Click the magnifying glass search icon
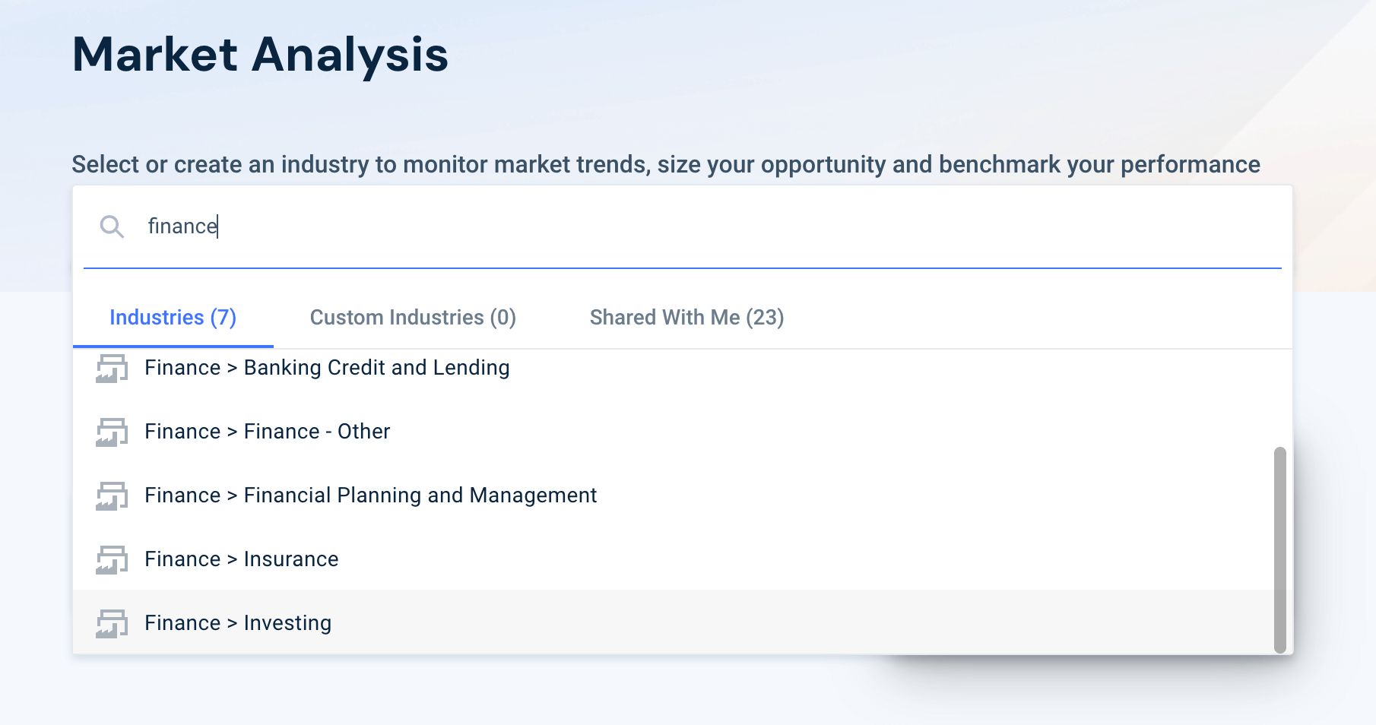[112, 226]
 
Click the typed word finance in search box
[182, 226]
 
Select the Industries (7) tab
[173, 318]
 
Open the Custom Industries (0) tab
[413, 318]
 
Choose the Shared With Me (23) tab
[686, 318]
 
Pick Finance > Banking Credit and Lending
[327, 368]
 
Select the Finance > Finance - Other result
[267, 432]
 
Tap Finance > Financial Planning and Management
[370, 495]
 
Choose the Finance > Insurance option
[241, 559]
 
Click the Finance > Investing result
[238, 623]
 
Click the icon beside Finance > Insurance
[112, 560]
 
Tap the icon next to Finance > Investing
[112, 624]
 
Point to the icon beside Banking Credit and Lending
[112, 369]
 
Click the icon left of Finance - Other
[112, 432]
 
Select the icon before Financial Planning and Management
[112, 496]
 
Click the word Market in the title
[155, 55]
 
